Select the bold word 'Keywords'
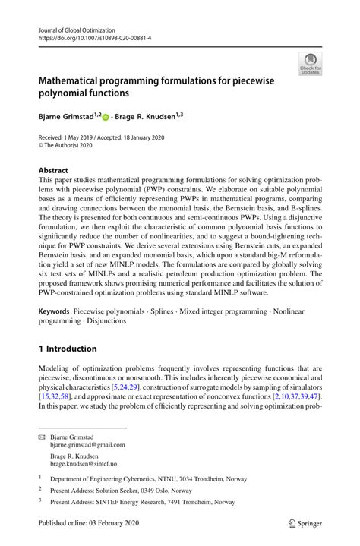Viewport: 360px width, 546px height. (55, 311)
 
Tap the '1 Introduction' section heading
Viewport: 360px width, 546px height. (68, 349)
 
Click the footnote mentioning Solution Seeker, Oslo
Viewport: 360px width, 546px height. (137, 491)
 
